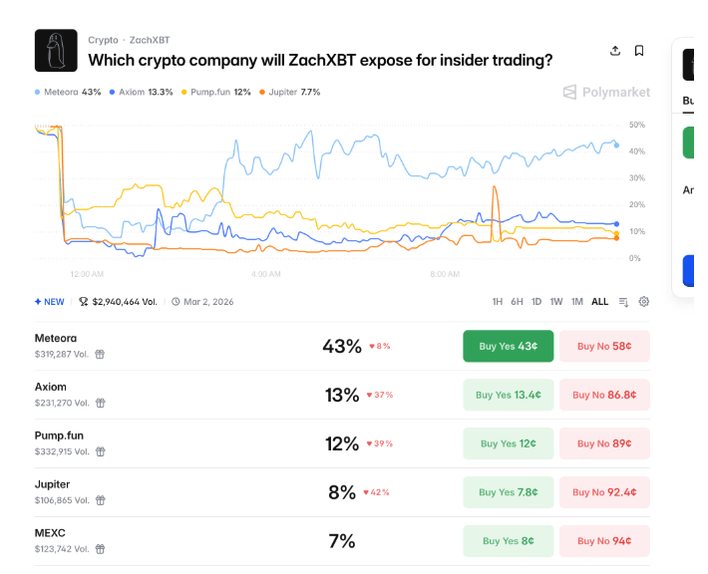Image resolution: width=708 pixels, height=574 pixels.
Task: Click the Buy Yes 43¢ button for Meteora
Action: [x=507, y=346]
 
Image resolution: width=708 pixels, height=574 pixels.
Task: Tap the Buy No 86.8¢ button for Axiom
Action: [x=604, y=395]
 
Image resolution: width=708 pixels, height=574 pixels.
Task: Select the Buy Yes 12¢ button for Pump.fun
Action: [x=507, y=443]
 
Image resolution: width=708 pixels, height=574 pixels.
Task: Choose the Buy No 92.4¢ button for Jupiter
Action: [x=604, y=492]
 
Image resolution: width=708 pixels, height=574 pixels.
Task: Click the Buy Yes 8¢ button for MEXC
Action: [x=507, y=541]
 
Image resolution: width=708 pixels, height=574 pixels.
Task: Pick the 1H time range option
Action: [x=498, y=301]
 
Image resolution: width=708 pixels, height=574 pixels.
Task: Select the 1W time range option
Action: [x=556, y=301]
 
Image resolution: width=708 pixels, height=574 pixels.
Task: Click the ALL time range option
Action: [x=599, y=301]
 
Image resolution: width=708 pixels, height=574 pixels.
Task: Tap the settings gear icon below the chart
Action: [x=644, y=301]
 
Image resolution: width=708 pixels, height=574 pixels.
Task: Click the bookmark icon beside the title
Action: [x=639, y=51]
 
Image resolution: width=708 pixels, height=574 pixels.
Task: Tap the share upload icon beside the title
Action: [x=615, y=51]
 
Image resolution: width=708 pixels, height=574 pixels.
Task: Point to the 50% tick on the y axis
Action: [x=637, y=125]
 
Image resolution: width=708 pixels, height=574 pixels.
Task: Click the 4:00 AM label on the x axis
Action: [x=266, y=273]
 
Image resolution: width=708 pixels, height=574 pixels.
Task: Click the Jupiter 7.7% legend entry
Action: [x=290, y=92]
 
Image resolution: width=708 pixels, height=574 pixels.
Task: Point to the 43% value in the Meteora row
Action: [x=342, y=346]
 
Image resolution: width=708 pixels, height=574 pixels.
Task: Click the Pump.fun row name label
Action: [x=56, y=435]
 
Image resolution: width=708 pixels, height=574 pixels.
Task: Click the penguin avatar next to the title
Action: [x=56, y=50]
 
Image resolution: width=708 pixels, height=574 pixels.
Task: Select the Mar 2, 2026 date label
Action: [x=207, y=301]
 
